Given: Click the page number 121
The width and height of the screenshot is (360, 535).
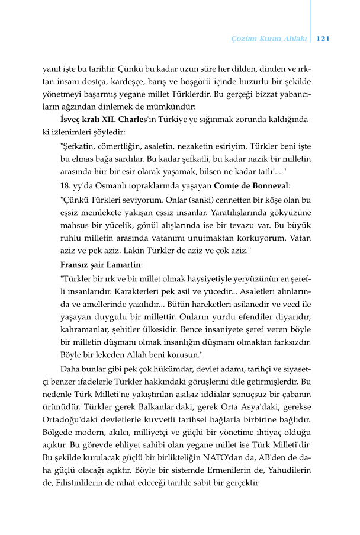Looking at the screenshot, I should click(x=323, y=39).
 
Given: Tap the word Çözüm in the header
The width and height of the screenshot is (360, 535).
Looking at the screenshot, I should click(x=242, y=39).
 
